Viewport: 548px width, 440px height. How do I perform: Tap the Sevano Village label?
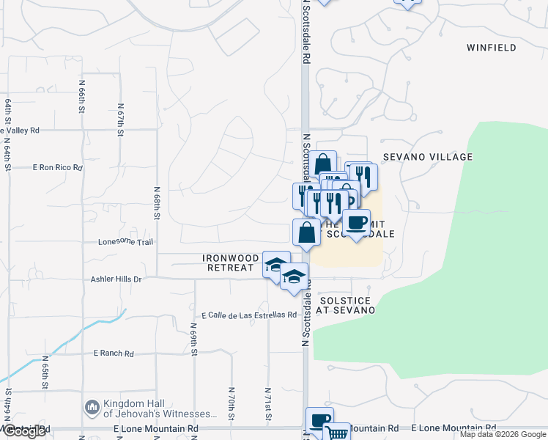click(x=428, y=157)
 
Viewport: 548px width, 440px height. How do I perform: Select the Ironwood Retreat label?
click(x=232, y=263)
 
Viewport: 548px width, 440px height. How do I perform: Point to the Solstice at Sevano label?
click(x=345, y=306)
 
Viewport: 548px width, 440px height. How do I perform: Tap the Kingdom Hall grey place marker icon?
click(x=92, y=406)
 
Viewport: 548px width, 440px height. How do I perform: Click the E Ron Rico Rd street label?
click(x=57, y=168)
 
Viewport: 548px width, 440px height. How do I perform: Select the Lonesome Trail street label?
click(x=125, y=242)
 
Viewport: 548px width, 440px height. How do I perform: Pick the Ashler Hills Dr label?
click(x=116, y=279)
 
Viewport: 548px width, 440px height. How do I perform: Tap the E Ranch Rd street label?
click(x=114, y=353)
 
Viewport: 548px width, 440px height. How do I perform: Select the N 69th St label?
click(x=194, y=335)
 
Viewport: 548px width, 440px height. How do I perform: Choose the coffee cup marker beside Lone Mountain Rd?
click(x=319, y=419)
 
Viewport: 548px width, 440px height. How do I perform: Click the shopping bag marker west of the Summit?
click(x=306, y=232)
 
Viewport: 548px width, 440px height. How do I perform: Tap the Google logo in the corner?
click(x=23, y=432)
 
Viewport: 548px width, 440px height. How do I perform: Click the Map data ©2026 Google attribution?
click(x=502, y=434)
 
